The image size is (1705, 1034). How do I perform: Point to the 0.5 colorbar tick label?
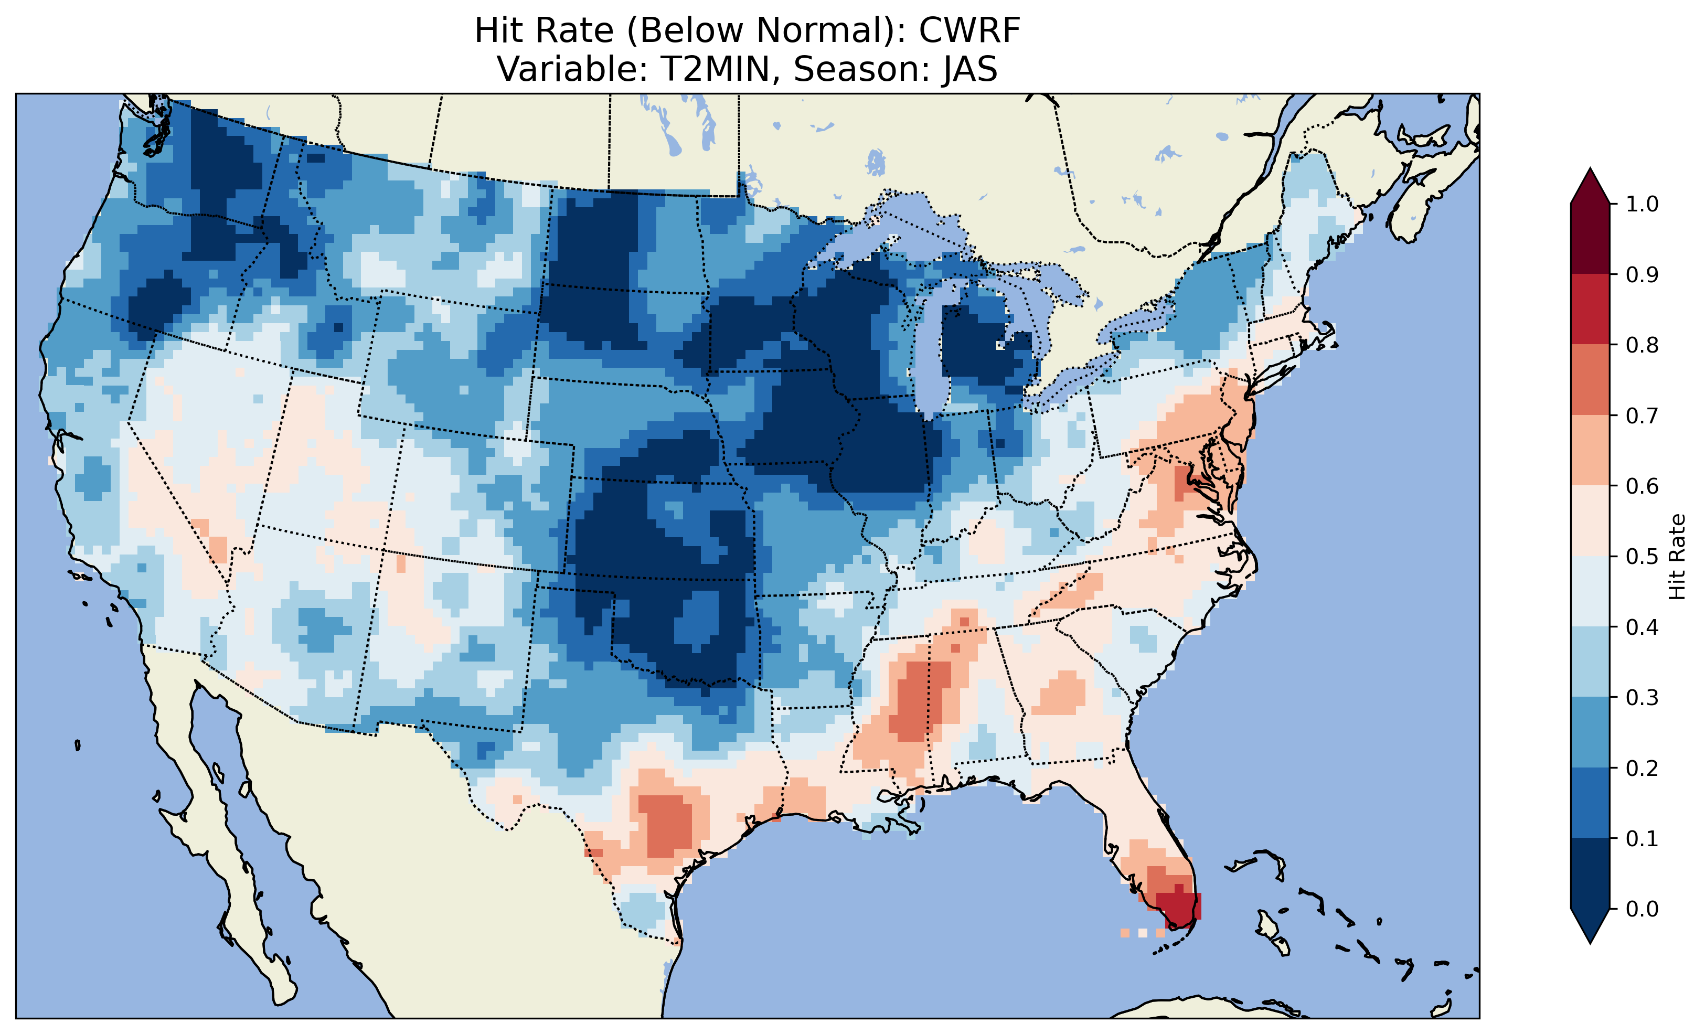(1642, 557)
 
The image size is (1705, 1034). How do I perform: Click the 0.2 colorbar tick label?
(1642, 768)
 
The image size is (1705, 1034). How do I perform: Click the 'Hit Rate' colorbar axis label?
(1677, 557)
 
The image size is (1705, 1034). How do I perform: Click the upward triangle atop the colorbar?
(1590, 187)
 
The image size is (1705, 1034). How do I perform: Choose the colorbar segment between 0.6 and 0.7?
(1590, 450)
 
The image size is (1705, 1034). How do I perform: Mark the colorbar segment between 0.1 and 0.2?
(1590, 803)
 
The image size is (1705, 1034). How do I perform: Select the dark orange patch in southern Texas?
(668, 827)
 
